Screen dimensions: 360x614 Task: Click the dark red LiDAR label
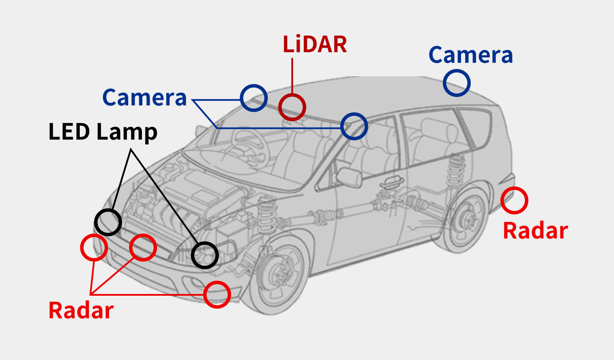pos(314,44)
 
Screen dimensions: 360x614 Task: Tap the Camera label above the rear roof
pos(470,55)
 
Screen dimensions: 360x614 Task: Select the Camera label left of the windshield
pos(144,98)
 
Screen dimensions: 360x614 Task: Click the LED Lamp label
pos(103,132)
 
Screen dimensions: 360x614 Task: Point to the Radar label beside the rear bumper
pos(535,231)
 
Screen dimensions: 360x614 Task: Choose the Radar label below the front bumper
pos(81,310)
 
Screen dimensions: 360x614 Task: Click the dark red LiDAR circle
pos(292,107)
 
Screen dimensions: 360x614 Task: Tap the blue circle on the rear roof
pos(457,83)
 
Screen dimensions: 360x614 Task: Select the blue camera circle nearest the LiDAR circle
pos(254,98)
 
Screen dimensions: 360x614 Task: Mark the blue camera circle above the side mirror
pos(354,126)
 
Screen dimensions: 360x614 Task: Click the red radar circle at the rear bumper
pos(514,200)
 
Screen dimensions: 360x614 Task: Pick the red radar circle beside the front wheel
pos(217,294)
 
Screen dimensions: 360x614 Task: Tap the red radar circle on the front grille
pos(143,247)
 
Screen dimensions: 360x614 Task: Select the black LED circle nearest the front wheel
pos(205,255)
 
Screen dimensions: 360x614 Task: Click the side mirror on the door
pos(349,177)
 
